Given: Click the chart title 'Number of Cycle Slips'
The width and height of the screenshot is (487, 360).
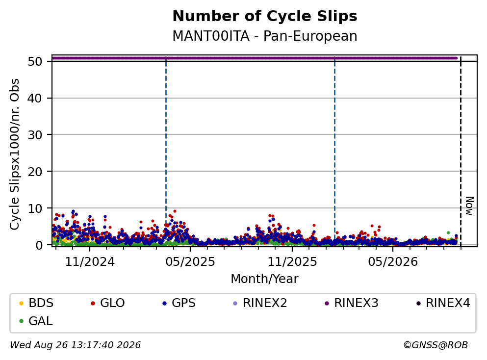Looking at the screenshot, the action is pyautogui.click(x=265, y=16).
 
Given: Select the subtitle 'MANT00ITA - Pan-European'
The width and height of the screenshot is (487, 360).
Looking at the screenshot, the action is pyautogui.click(x=265, y=36).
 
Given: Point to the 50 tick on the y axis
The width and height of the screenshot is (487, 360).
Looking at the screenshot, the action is pyautogui.click(x=35, y=61).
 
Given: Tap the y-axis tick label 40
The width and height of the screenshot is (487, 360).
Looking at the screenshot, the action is pyautogui.click(x=35, y=98).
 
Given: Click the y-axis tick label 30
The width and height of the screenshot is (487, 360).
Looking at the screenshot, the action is pyautogui.click(x=35, y=135).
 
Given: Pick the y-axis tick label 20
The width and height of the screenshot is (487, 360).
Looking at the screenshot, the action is pyautogui.click(x=35, y=172).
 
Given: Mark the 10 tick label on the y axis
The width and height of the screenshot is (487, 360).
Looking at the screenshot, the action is pyautogui.click(x=35, y=208).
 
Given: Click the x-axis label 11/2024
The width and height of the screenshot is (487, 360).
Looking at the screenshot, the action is pyautogui.click(x=90, y=262).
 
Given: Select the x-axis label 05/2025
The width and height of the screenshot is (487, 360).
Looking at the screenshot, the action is pyautogui.click(x=190, y=262).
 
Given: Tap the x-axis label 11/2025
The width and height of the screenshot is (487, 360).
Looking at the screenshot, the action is pyautogui.click(x=292, y=262).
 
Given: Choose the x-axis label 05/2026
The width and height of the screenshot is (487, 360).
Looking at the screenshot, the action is pyautogui.click(x=393, y=262).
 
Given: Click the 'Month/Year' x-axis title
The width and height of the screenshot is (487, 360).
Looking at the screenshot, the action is pyautogui.click(x=265, y=279).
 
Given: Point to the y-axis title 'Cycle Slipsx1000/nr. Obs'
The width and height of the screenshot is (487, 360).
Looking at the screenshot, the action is pyautogui.click(x=14, y=154).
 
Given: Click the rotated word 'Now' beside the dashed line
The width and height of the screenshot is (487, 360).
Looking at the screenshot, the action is pyautogui.click(x=470, y=206).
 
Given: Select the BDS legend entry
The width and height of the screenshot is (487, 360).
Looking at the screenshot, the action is pyautogui.click(x=36, y=303).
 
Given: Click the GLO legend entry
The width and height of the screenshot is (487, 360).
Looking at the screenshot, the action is pyautogui.click(x=107, y=303).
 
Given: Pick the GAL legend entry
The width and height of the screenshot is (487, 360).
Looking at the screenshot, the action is pyautogui.click(x=36, y=321).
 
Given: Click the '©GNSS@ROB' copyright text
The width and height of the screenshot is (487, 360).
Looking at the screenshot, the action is pyautogui.click(x=436, y=345).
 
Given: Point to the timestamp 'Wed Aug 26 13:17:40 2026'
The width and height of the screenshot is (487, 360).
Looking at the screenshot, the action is pyautogui.click(x=76, y=345).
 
